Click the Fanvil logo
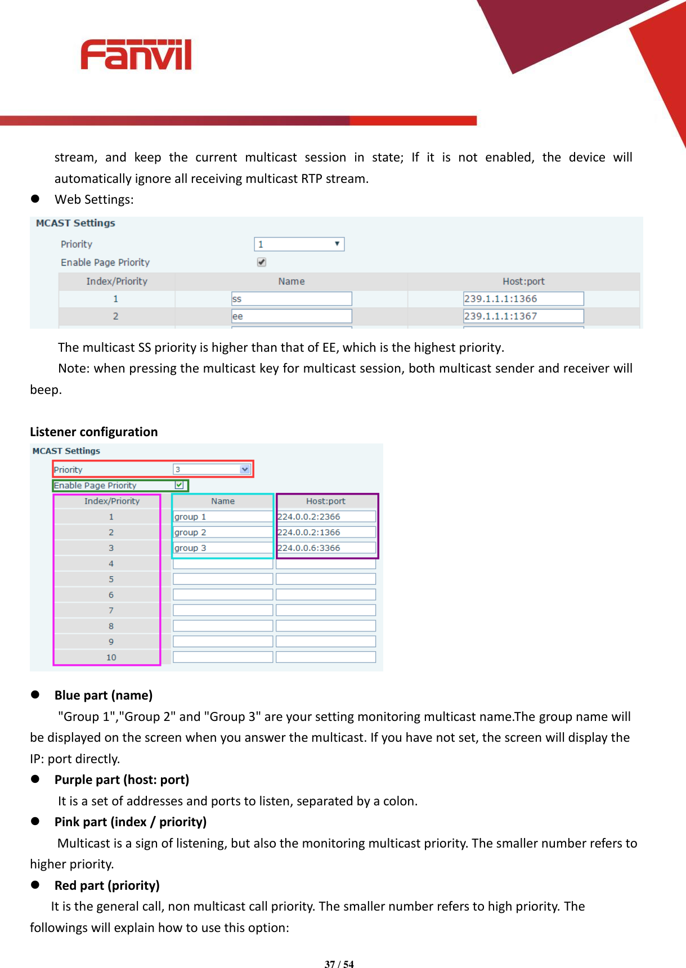coord(136,55)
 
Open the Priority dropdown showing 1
coord(299,244)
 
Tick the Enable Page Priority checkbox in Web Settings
coord(262,262)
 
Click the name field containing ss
coord(292,299)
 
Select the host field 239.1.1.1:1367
coord(523,316)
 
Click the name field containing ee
coord(292,316)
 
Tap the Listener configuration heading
coord(94,432)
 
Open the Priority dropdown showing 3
coord(212,469)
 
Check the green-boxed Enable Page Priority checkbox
coord(179,485)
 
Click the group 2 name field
coord(222,532)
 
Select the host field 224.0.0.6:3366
coord(326,548)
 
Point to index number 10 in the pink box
coord(111,657)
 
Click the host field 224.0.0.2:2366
coord(326,517)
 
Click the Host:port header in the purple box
coord(326,501)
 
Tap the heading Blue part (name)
coord(104,695)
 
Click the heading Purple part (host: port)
coord(122,779)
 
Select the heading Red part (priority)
coord(107,885)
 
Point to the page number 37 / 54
coord(339,964)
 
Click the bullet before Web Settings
coord(35,199)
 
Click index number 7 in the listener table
coord(111,611)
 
